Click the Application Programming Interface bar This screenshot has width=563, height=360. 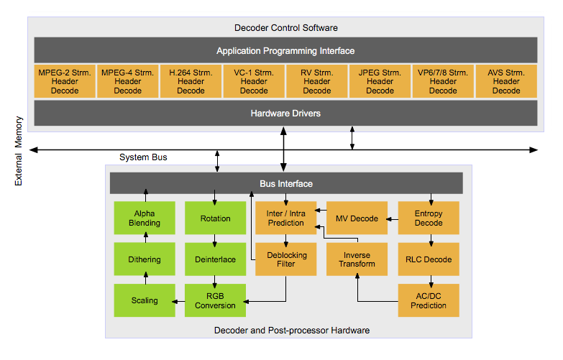285,50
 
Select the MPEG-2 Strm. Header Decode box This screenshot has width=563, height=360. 65,81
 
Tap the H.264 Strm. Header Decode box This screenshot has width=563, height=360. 191,81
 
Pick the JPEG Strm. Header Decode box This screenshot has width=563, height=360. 380,81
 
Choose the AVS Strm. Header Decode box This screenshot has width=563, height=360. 506,81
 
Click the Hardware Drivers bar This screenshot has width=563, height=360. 285,113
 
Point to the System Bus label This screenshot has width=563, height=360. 143,157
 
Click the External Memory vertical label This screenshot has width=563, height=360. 18,151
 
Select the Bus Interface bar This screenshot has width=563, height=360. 286,183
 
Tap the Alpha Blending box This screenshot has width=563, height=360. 145,218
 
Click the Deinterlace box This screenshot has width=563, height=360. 216,259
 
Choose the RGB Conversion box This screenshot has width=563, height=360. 216,300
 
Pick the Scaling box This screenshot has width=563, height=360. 145,300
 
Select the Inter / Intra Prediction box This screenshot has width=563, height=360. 285,218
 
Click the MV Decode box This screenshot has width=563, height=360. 357,218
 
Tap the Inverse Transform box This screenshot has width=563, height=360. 357,259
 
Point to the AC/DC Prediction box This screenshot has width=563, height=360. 429,300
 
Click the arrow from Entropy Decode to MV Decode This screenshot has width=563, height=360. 393,219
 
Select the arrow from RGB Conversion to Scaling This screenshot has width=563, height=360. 179,302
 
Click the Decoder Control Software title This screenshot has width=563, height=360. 285,27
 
